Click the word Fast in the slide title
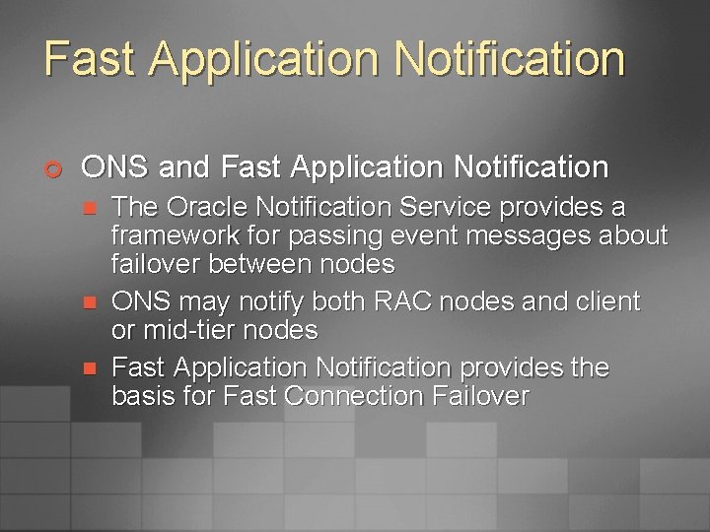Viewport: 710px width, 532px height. coord(91,58)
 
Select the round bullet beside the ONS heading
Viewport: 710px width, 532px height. coord(55,168)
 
